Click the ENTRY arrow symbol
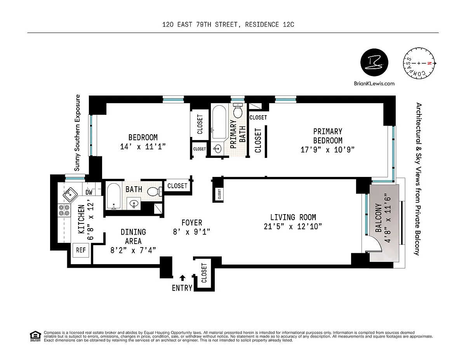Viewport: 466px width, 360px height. pos(182,278)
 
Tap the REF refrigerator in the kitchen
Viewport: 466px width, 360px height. pos(81,250)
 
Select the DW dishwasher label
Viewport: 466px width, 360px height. pos(89,192)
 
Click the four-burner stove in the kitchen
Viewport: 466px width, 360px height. pos(64,210)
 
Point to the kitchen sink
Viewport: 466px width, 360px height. pos(70,194)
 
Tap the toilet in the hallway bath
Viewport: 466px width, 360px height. pos(155,192)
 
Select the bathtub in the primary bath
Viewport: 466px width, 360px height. pos(219,122)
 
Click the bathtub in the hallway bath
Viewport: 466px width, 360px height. pos(114,196)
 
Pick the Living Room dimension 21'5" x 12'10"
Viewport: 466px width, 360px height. pos(293,227)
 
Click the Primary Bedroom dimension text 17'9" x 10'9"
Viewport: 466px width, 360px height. pos(327,150)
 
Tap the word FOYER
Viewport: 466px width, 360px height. pos(192,223)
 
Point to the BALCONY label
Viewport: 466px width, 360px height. pos(379,218)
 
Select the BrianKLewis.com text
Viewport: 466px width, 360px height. pos(374,83)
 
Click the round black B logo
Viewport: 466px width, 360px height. pos(374,62)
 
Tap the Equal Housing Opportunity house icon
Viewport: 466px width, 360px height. pos(35,336)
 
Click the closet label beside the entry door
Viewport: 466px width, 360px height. pos(204,273)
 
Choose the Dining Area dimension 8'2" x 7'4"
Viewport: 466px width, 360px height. pos(133,250)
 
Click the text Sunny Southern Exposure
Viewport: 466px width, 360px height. pos(77,133)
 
